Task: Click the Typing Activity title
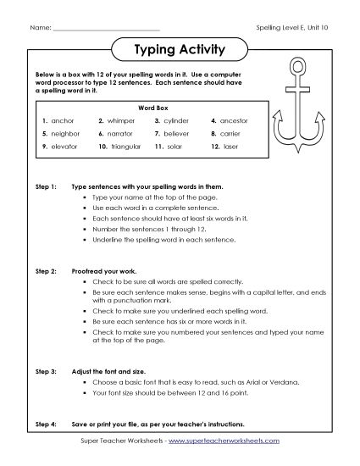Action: [180, 49]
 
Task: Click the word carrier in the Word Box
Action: [231, 134]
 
